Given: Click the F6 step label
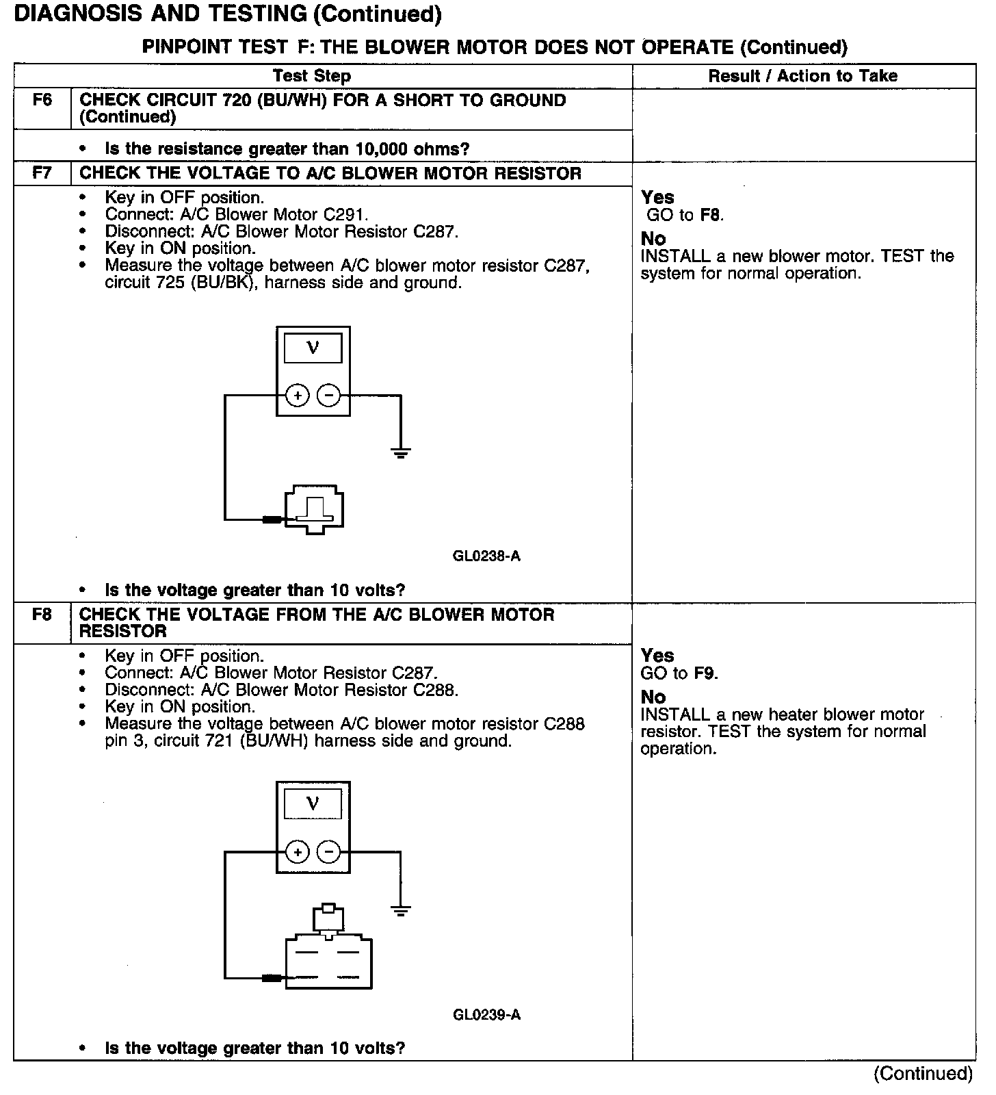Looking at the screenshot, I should (x=42, y=101).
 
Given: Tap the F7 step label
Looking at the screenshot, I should (x=42, y=173).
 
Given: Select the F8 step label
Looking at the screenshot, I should (x=42, y=615).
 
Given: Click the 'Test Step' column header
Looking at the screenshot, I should (x=312, y=76).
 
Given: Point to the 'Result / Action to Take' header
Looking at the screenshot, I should (x=803, y=76).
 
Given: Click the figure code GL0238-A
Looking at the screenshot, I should (x=486, y=556).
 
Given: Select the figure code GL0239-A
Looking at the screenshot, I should (x=486, y=1014).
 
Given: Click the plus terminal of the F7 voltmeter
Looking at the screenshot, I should (x=297, y=396).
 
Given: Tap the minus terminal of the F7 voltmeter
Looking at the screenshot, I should (x=329, y=396).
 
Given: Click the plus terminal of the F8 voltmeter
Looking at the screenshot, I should (x=297, y=852).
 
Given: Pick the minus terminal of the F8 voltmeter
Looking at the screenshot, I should (x=329, y=852).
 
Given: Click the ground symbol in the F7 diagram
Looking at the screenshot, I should (x=401, y=452).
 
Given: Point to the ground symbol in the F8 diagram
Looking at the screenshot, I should (x=401, y=910).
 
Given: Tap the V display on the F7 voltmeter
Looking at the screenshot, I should (x=313, y=348).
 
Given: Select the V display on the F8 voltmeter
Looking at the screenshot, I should (x=313, y=803).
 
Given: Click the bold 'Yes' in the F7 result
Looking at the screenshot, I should (x=657, y=197).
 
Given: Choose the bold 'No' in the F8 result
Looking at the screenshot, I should (x=653, y=697).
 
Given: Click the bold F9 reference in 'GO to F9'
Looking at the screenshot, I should (x=705, y=673).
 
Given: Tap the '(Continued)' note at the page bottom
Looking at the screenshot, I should (x=923, y=1073).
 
